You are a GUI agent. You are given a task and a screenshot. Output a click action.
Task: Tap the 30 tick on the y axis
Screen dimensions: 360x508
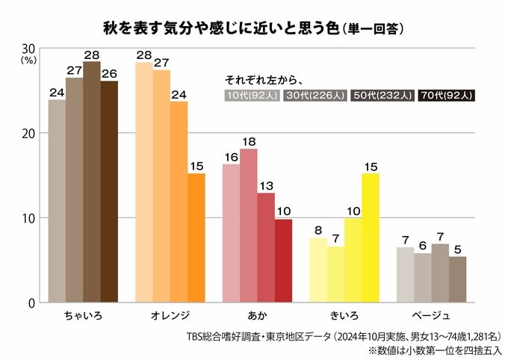[31, 49]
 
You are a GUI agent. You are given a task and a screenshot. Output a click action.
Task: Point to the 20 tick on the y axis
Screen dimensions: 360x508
[31, 133]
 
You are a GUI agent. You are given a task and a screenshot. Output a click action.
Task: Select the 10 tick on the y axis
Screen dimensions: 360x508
[31, 218]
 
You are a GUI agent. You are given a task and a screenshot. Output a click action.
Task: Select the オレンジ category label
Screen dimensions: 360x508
[170, 315]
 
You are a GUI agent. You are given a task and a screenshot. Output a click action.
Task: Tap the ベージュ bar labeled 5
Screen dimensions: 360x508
[457, 279]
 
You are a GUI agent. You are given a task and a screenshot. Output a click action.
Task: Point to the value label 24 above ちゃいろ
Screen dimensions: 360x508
[56, 92]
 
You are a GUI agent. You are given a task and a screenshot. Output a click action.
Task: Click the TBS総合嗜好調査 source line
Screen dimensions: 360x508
[344, 335]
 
